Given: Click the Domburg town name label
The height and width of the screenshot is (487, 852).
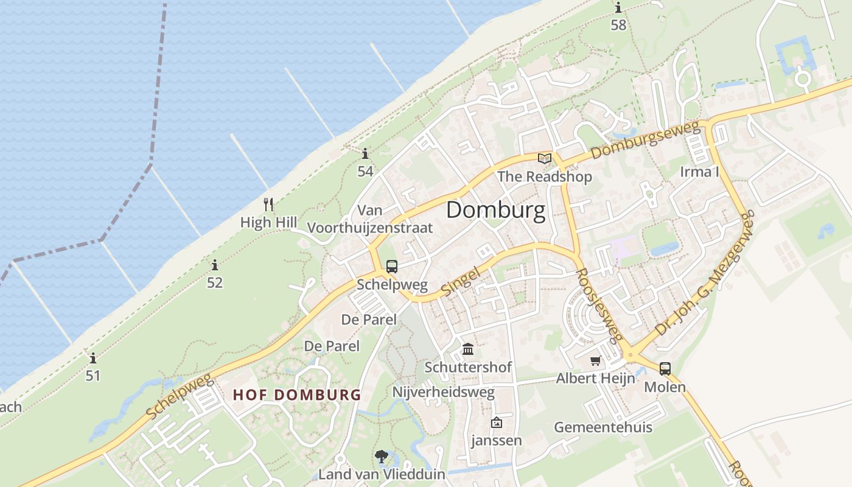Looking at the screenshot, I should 495,210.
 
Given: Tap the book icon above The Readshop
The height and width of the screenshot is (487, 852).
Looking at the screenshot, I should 544,159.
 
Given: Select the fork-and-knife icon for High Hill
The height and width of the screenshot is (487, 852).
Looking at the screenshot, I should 268,204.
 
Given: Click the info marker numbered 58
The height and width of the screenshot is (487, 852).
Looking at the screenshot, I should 618,8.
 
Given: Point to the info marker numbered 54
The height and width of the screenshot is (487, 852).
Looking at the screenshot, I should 365,153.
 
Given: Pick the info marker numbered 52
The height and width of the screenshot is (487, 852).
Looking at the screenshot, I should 214,265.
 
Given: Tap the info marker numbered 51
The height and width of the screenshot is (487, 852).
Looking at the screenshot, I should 93,358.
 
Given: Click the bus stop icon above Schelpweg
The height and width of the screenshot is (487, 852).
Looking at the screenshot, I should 392,266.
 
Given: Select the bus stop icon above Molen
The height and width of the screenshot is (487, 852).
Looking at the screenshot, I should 665,368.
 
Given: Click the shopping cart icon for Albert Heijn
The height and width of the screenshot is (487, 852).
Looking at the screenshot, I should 595,360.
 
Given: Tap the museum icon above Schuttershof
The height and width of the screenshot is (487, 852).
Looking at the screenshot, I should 468,349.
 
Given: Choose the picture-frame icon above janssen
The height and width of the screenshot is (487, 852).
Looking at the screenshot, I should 497,422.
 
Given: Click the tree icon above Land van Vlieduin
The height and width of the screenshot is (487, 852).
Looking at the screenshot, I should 382,456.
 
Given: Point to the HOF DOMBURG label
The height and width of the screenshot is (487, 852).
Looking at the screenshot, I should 297,394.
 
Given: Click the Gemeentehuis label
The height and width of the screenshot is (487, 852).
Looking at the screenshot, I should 602,427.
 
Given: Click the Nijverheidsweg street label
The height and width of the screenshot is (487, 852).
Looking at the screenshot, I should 443,392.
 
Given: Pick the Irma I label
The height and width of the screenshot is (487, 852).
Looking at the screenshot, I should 700,172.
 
